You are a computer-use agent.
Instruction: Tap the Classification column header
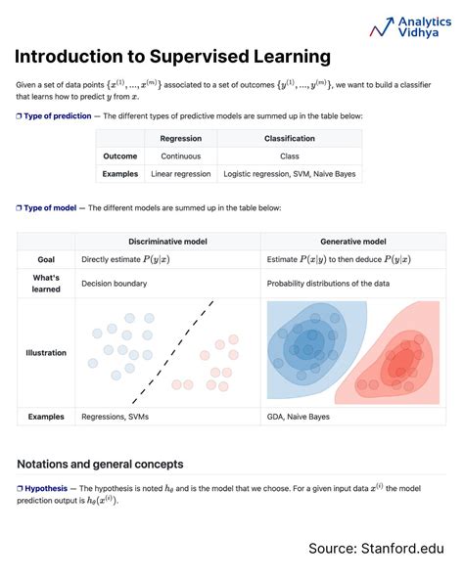coord(289,138)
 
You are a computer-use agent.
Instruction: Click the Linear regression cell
coord(180,174)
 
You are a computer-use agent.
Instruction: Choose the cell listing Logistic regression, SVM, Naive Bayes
coord(289,174)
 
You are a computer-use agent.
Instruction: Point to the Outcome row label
coord(119,156)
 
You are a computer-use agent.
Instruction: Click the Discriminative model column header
coord(167,241)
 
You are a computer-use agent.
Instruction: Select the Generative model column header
coord(352,241)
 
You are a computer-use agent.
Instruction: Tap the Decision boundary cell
coord(116,284)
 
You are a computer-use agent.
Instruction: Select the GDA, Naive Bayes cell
coord(300,417)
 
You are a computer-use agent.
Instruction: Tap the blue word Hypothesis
coord(46,487)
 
